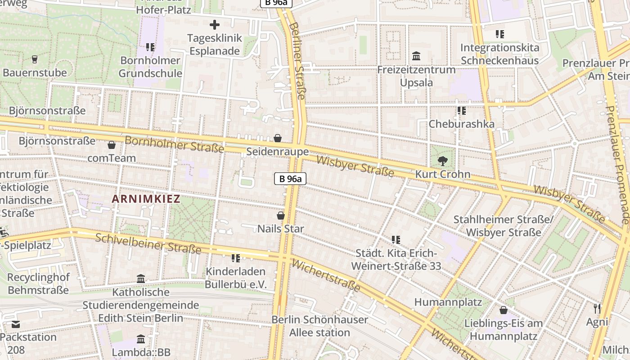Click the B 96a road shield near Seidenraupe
pos(290,179)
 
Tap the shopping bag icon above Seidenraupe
pos(278,138)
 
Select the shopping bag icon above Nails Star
pos(281,216)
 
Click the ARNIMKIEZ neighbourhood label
pos(146,199)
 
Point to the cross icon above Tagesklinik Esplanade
pos(215,25)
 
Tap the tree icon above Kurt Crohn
pos(443,161)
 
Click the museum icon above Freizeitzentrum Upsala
pos(416,56)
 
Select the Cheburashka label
pos(461,124)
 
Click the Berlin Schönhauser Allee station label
pos(319,326)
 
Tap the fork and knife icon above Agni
pos(597,308)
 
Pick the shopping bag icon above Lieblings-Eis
pos(504,310)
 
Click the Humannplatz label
pos(448,302)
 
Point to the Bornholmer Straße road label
pos(174,144)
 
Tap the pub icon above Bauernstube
pos(35,59)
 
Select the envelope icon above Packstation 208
pos(16,324)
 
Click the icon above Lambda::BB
pos(141,339)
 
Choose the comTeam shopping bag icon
pos(112,145)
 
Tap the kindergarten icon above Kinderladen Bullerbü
pos(235,258)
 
